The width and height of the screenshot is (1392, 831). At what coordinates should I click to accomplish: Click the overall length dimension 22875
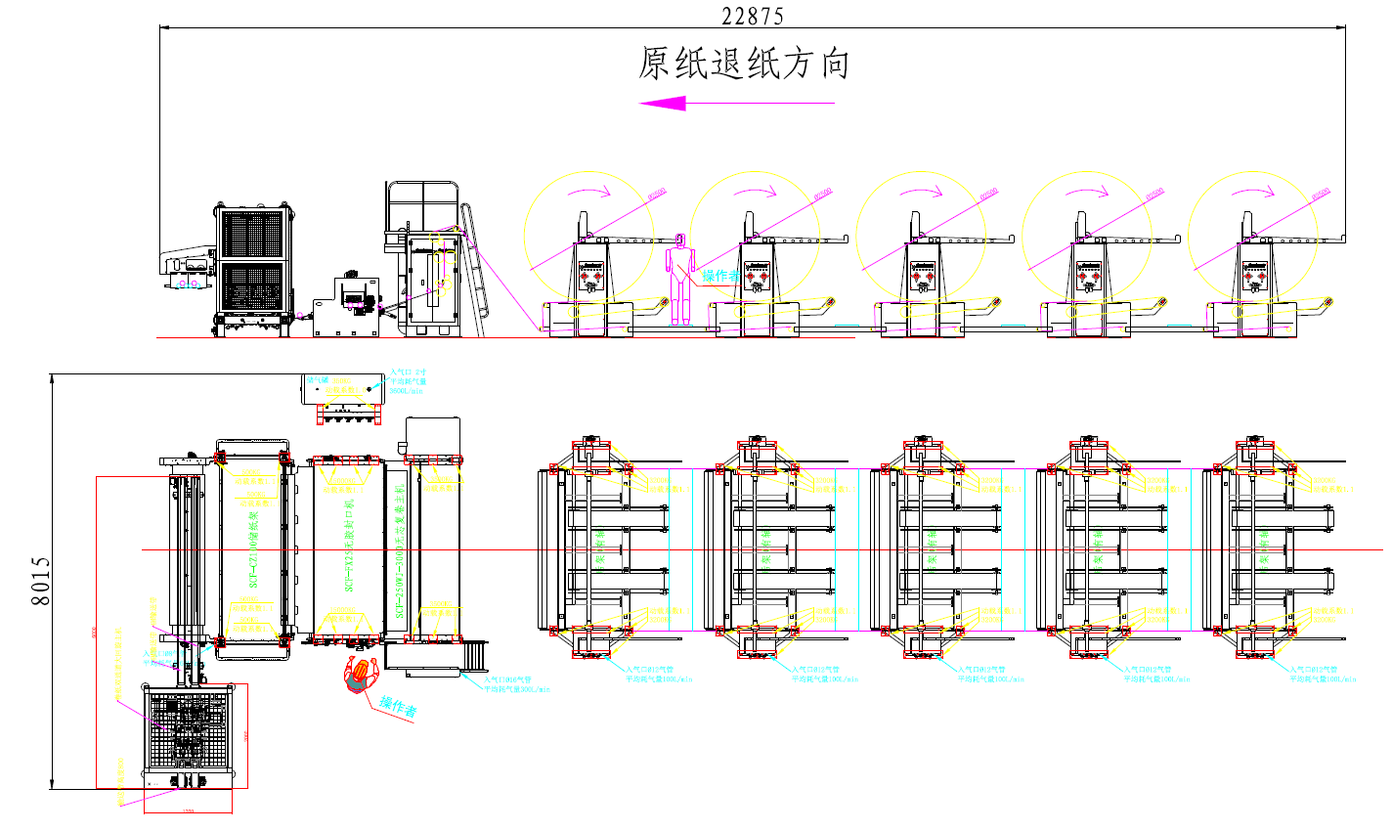(x=752, y=16)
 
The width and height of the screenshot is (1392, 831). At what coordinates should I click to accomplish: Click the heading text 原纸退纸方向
(x=744, y=64)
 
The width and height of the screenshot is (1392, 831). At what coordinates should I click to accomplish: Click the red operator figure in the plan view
(x=360, y=675)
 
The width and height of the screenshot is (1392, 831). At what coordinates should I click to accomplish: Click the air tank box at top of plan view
(x=343, y=389)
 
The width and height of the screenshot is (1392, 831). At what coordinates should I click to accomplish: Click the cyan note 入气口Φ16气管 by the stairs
(x=510, y=678)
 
